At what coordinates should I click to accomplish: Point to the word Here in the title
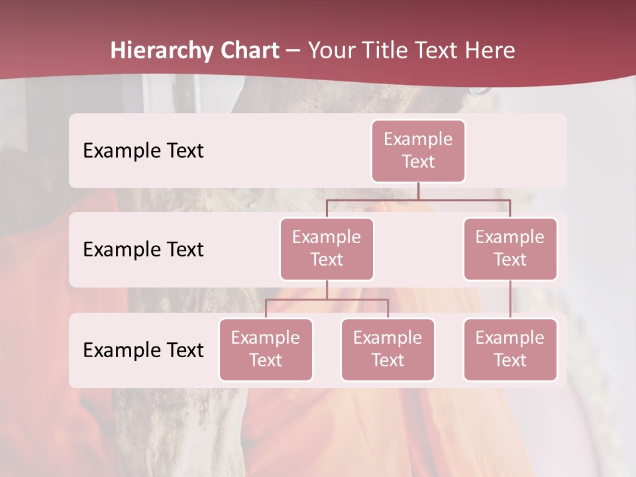[x=490, y=50]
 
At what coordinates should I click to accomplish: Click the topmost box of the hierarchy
[x=418, y=151]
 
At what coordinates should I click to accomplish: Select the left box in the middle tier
[x=327, y=249]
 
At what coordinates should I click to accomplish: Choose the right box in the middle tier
[x=510, y=249]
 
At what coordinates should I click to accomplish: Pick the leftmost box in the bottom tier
[x=266, y=350]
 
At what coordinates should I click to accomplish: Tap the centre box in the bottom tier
[x=388, y=350]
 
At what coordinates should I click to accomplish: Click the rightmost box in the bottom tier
[x=510, y=350]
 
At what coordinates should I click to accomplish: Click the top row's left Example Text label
[x=143, y=151]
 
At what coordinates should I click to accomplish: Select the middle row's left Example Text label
[x=143, y=250]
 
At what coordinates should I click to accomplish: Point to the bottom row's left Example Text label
[x=143, y=350]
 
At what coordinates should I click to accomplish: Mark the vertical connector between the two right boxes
[x=510, y=299]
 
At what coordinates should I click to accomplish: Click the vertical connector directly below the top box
[x=418, y=191]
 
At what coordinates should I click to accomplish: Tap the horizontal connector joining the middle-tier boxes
[x=418, y=199]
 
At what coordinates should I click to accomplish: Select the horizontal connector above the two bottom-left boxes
[x=327, y=299]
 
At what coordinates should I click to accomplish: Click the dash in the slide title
[x=293, y=51]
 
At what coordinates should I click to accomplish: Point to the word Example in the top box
[x=418, y=139]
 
